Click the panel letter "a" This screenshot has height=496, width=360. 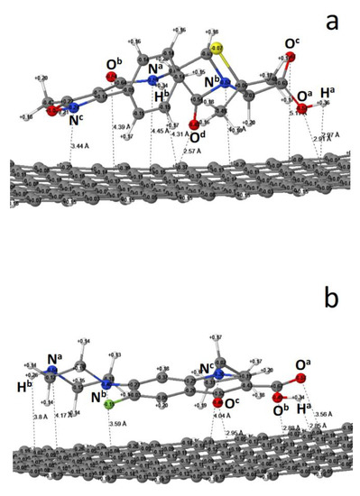[332, 20]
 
